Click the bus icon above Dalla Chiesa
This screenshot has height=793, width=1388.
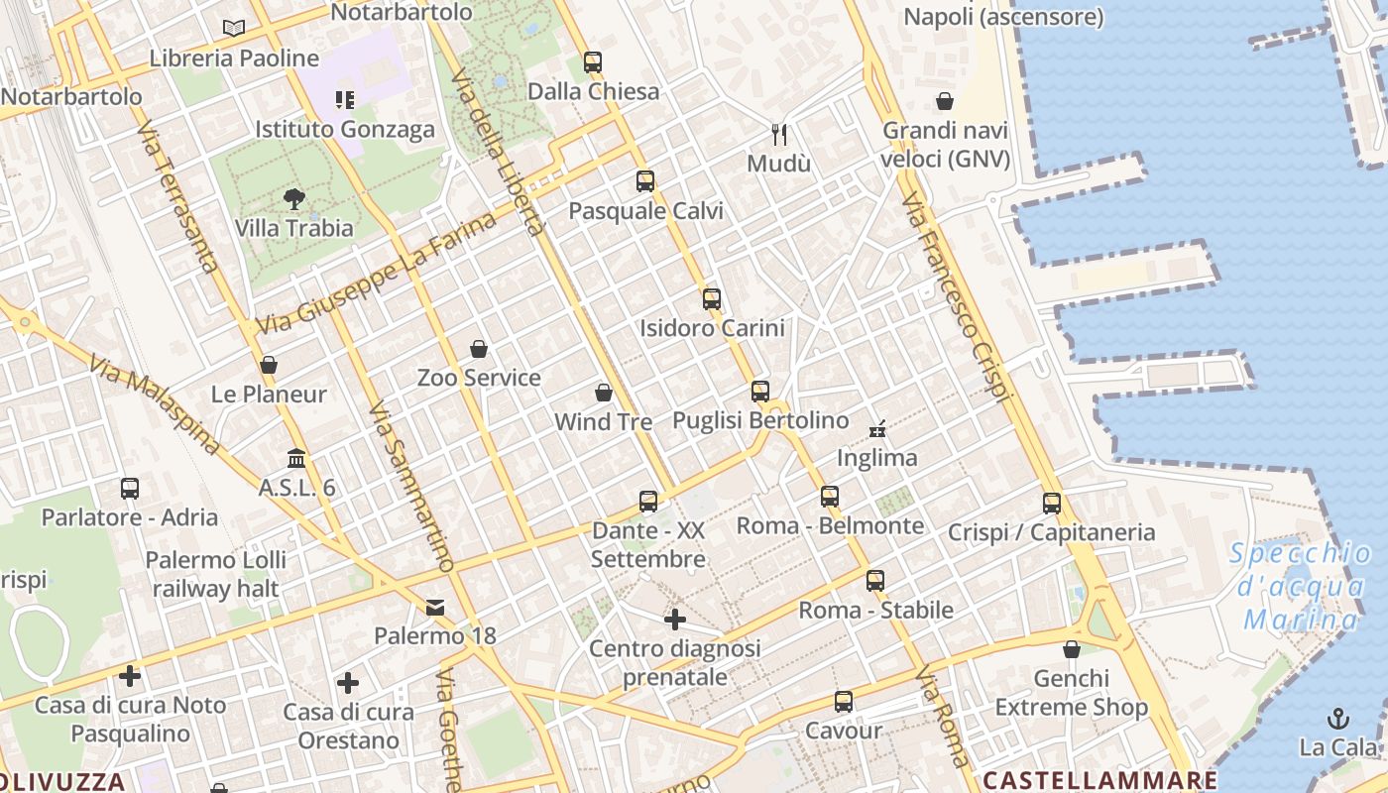coord(593,61)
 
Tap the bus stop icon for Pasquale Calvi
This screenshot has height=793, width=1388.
coord(645,181)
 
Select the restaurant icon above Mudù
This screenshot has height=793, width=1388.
coord(779,134)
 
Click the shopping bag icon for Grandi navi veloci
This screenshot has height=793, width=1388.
coord(945,101)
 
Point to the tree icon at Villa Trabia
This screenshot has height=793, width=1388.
coord(293,199)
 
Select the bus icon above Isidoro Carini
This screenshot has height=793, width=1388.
coord(712,298)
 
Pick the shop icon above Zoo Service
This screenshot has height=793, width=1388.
coord(479,349)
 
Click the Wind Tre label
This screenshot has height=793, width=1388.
coord(603,421)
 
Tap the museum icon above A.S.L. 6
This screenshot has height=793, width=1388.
coord(296,458)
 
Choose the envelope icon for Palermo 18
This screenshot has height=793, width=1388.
coord(435,607)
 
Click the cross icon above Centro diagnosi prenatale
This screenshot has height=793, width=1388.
coord(675,621)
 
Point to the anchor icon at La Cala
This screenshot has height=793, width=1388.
coord(1338,718)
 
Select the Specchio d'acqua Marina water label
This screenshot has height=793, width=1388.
coord(1302,587)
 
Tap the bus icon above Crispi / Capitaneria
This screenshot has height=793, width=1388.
coord(1052,503)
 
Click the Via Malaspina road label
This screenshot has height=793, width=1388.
coord(154,405)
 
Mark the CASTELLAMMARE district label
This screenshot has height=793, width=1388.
coord(1099,779)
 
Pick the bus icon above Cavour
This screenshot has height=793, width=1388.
coord(844,702)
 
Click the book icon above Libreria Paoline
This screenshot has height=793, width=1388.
coord(234,29)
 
